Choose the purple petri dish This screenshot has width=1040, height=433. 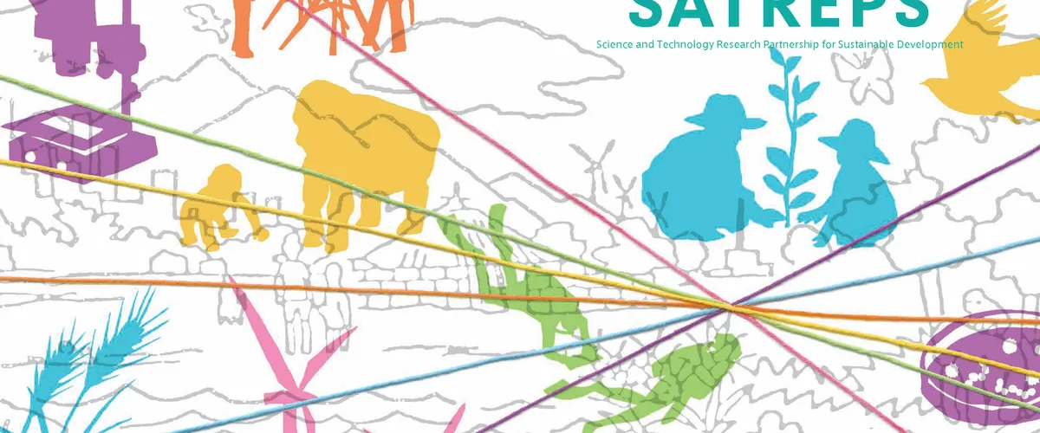click(988, 364)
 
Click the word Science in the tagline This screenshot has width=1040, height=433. click(614, 44)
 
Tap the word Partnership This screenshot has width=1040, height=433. click(793, 44)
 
